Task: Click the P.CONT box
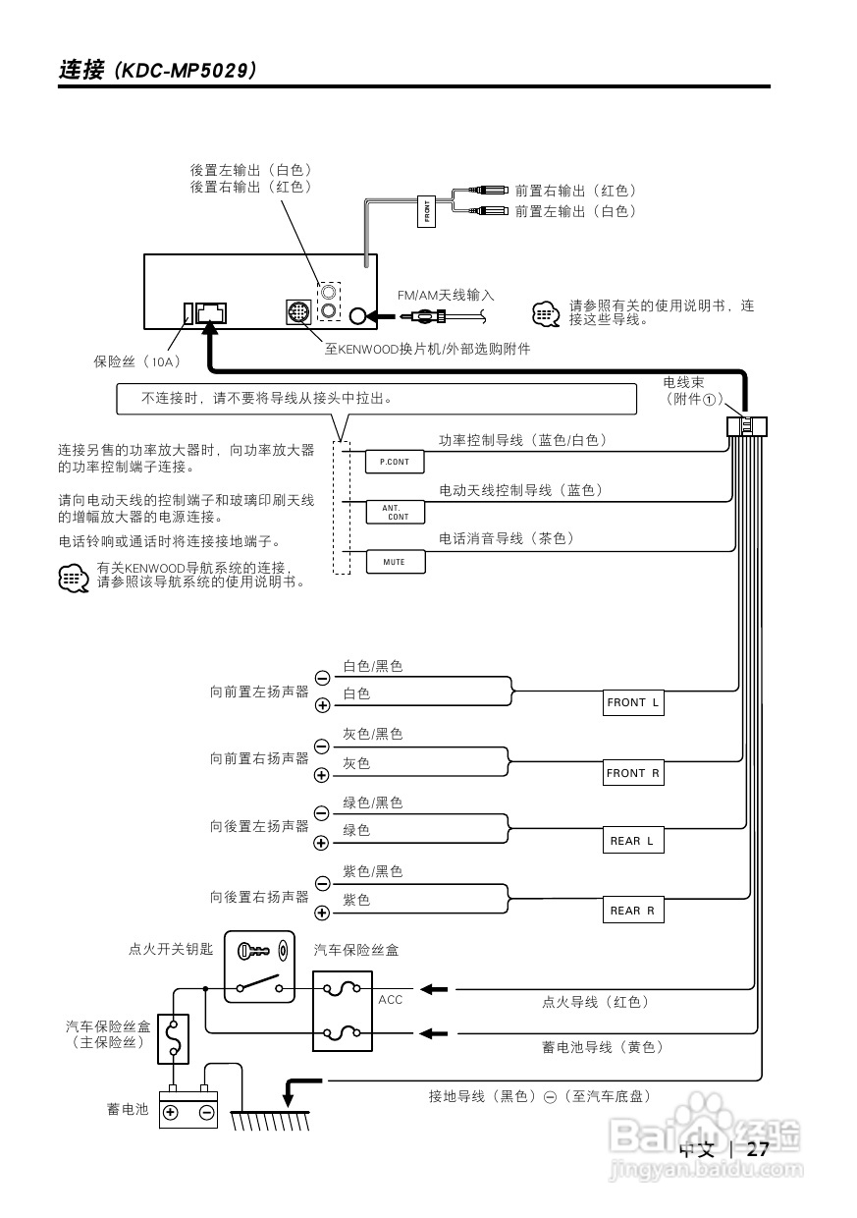[x=395, y=462]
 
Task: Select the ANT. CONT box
[x=395, y=512]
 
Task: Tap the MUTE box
[x=395, y=562]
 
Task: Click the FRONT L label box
[x=633, y=703]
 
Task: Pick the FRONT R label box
[x=633, y=774]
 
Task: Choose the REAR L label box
[x=633, y=842]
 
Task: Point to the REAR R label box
[x=633, y=912]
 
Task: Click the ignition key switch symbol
[x=259, y=967]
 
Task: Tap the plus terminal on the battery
[x=170, y=1112]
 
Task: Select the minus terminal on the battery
[x=206, y=1112]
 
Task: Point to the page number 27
[x=757, y=1150]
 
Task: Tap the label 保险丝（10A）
[x=137, y=361]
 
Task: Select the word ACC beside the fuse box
[x=391, y=1000]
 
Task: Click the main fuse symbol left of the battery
[x=174, y=1037]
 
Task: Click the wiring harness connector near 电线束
[x=746, y=426]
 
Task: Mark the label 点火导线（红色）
[x=596, y=1002]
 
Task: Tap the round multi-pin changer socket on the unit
[x=297, y=313]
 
